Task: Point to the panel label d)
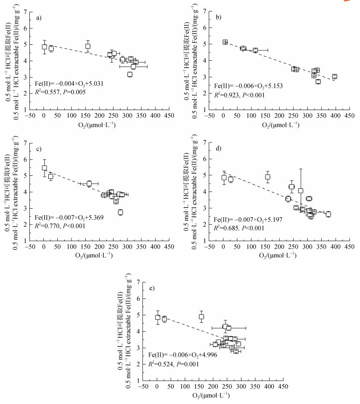click(219, 148)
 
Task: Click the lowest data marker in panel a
click(130, 74)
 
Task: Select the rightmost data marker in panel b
click(335, 77)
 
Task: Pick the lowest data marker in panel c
click(120, 212)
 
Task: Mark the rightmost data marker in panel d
click(328, 214)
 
